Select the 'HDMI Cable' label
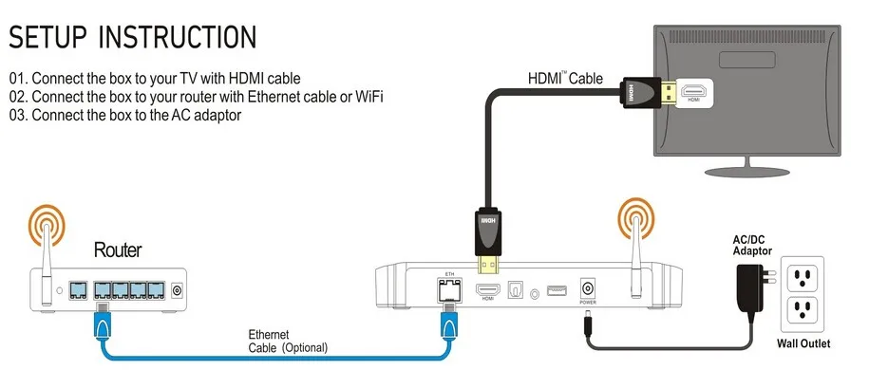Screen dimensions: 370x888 565,79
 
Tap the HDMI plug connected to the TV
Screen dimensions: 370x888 641,93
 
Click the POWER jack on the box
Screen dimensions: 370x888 587,287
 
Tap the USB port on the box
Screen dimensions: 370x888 558,289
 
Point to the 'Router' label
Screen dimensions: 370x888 118,250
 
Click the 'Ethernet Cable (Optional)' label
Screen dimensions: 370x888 287,341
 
